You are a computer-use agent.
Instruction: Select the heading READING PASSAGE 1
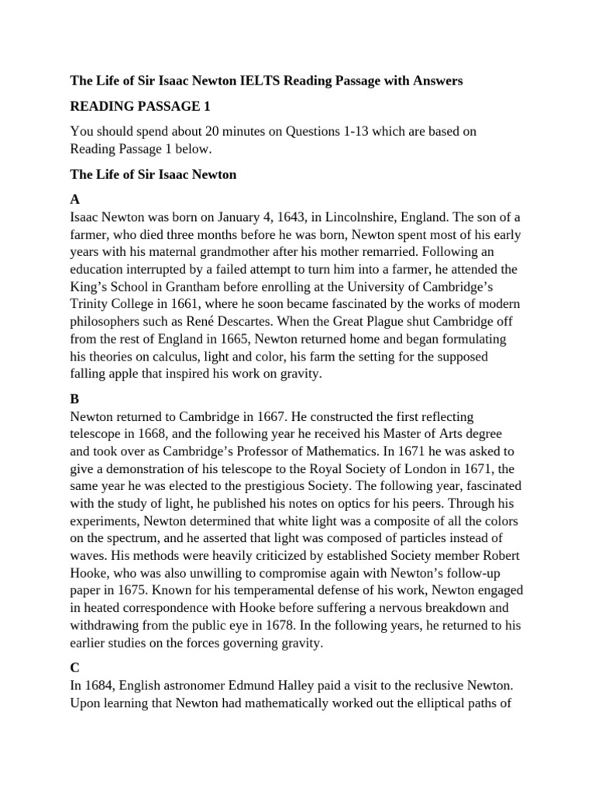140,105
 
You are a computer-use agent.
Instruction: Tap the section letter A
74,199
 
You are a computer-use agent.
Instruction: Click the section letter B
74,398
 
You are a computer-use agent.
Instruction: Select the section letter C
74,666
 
